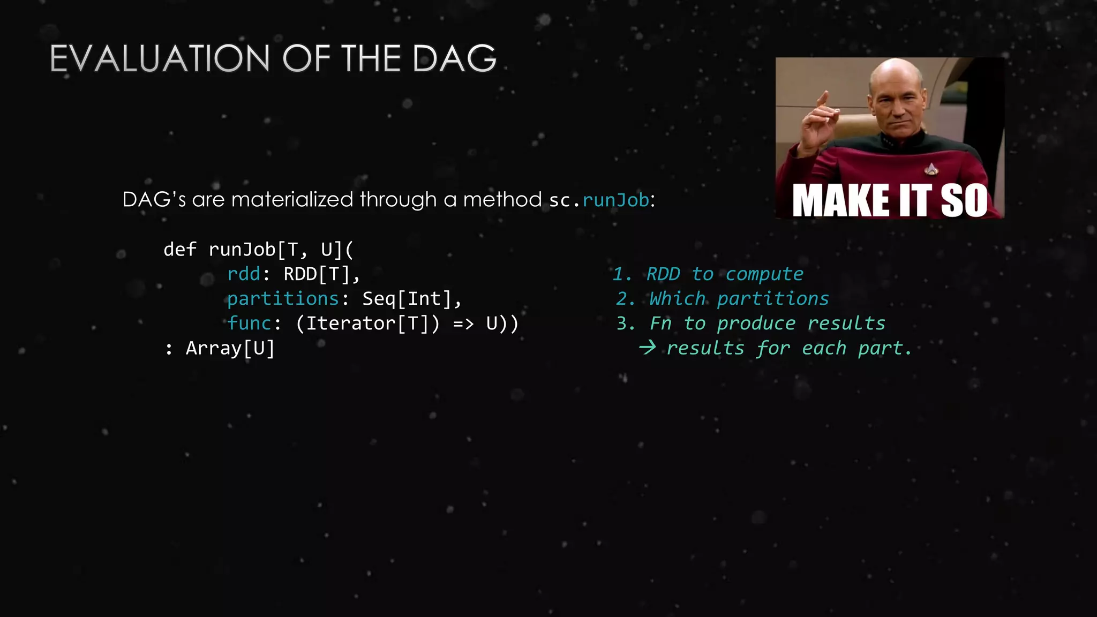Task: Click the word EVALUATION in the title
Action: (x=160, y=58)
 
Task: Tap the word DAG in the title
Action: (x=455, y=58)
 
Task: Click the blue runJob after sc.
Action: (x=615, y=200)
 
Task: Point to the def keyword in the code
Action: (x=180, y=250)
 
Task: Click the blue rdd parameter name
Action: (x=244, y=274)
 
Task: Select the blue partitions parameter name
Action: (x=283, y=299)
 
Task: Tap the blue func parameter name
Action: (x=249, y=323)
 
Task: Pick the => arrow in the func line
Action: (x=463, y=324)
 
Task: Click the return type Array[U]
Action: (x=230, y=349)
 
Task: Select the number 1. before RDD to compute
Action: (x=622, y=274)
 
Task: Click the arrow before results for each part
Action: (x=647, y=348)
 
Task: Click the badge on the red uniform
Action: (x=931, y=169)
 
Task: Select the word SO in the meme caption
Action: (x=964, y=201)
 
